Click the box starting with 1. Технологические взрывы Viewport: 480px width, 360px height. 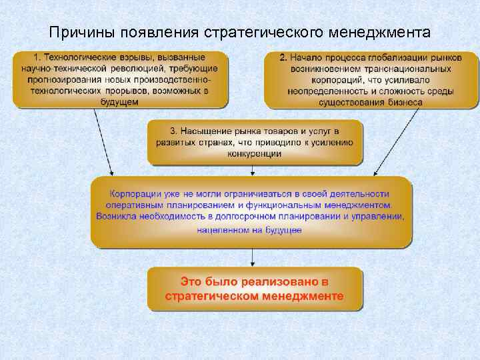[120, 79]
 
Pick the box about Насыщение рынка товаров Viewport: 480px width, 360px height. [255, 142]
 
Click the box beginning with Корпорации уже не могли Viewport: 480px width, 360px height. [252, 211]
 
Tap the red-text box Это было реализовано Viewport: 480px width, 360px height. [255, 289]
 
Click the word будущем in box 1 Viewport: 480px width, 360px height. [121, 101]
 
